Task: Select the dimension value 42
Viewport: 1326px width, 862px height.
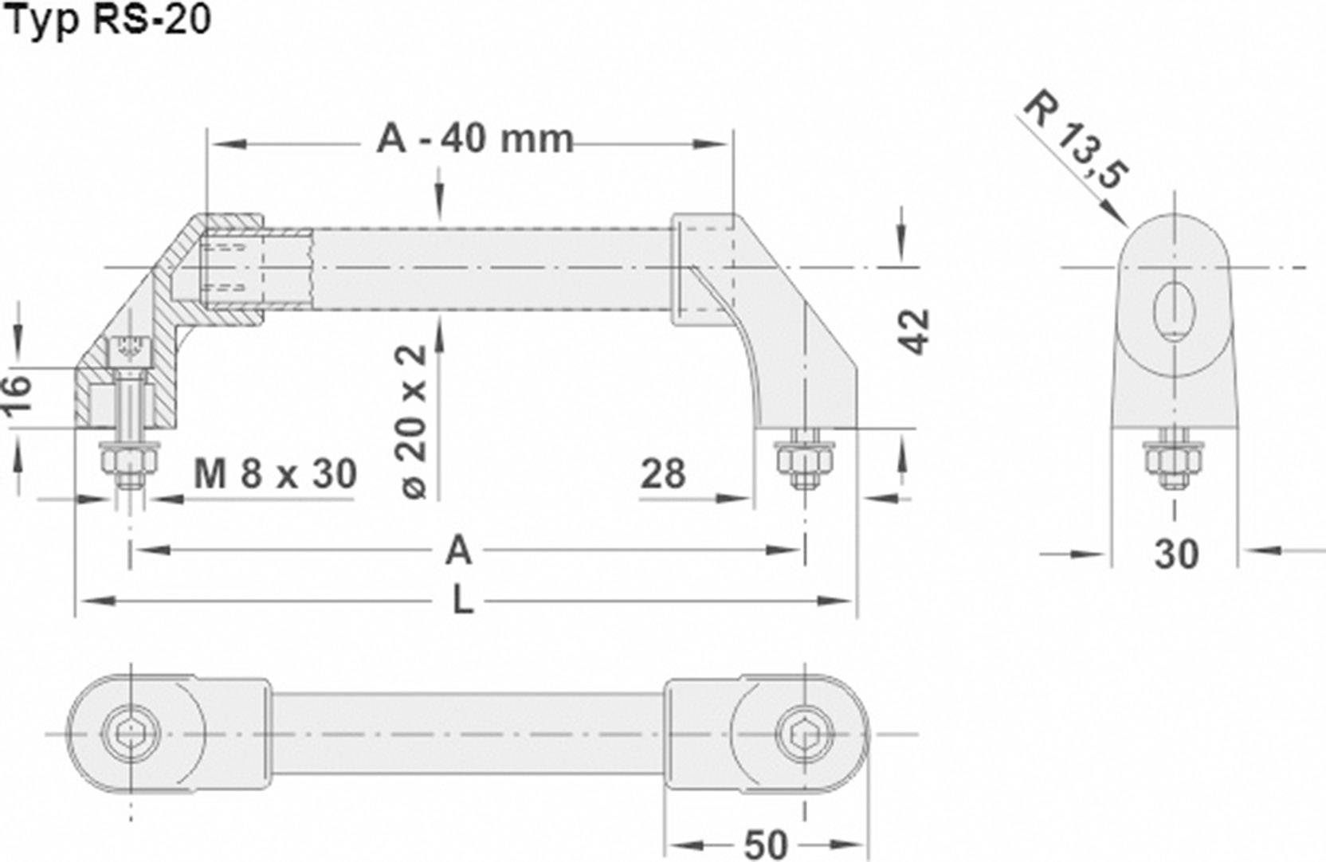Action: [x=914, y=330]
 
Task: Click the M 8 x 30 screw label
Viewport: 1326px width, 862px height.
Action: [x=275, y=475]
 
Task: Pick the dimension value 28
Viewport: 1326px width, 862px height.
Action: [x=662, y=474]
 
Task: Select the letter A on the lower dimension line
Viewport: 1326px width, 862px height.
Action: [x=458, y=551]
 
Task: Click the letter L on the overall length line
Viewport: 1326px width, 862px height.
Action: [x=462, y=601]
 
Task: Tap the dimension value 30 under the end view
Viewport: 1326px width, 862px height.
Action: [x=1176, y=553]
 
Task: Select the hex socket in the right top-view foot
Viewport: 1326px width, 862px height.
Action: [x=805, y=734]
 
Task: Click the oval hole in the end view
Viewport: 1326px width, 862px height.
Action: [x=1175, y=310]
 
